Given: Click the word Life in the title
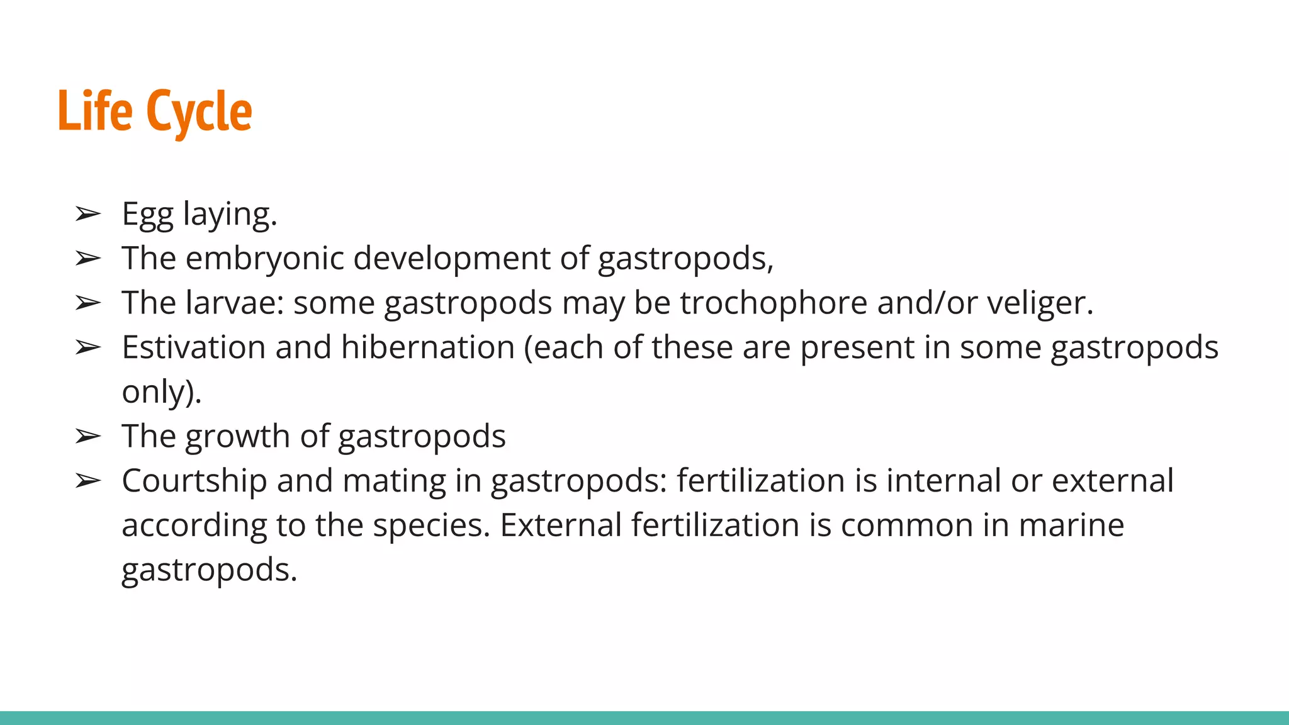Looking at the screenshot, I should pos(95,111).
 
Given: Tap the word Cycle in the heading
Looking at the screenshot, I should pos(199,112).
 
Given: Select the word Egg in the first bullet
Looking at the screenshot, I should pos(147,214).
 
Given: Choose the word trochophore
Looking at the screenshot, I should pos(774,303).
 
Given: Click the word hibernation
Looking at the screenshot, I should pos(428,347).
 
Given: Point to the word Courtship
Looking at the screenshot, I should pos(194,481).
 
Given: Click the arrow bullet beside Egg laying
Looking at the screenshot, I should pos(87,215).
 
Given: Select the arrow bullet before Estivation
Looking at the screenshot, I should pos(87,347).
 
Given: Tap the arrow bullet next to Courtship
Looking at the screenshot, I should pos(87,481).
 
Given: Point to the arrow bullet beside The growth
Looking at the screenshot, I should pos(87,436).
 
